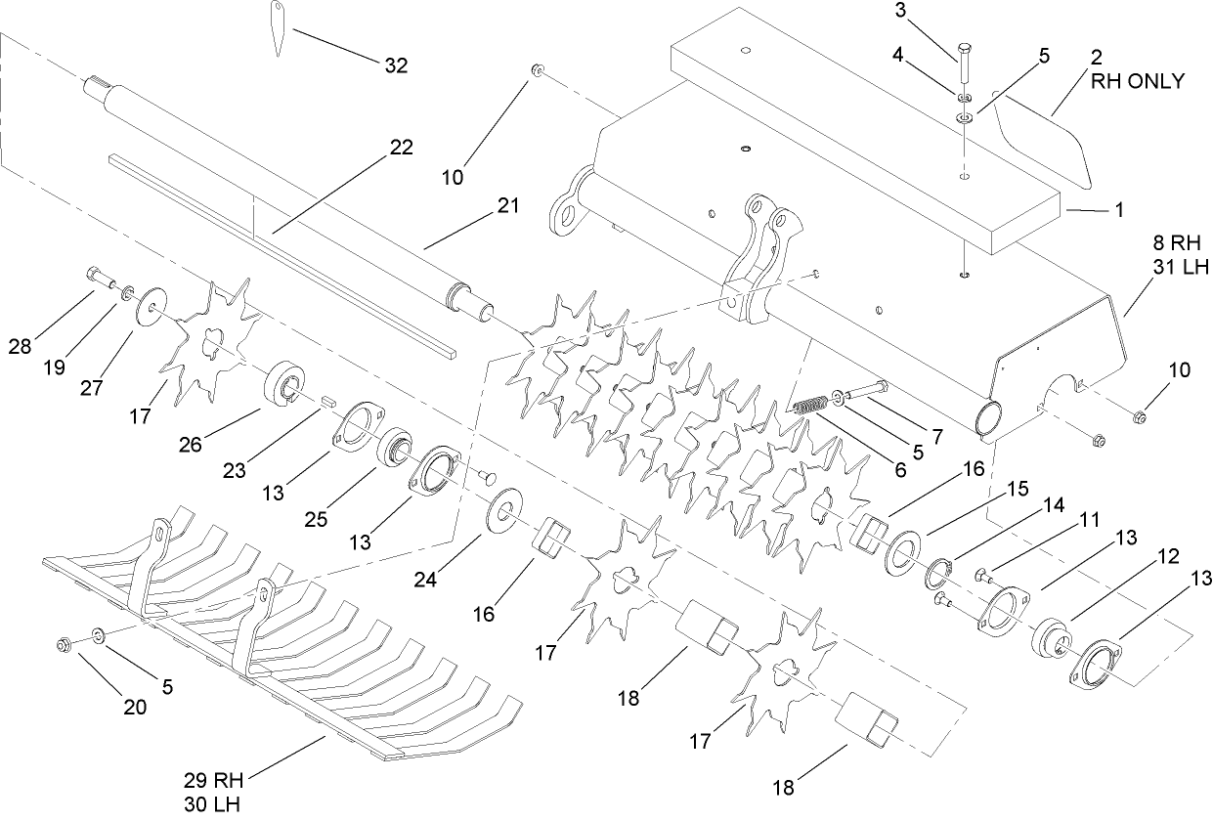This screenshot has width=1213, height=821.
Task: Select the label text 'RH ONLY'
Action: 1138,82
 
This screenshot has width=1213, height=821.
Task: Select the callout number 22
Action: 401,148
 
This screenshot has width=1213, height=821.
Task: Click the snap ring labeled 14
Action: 942,573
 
